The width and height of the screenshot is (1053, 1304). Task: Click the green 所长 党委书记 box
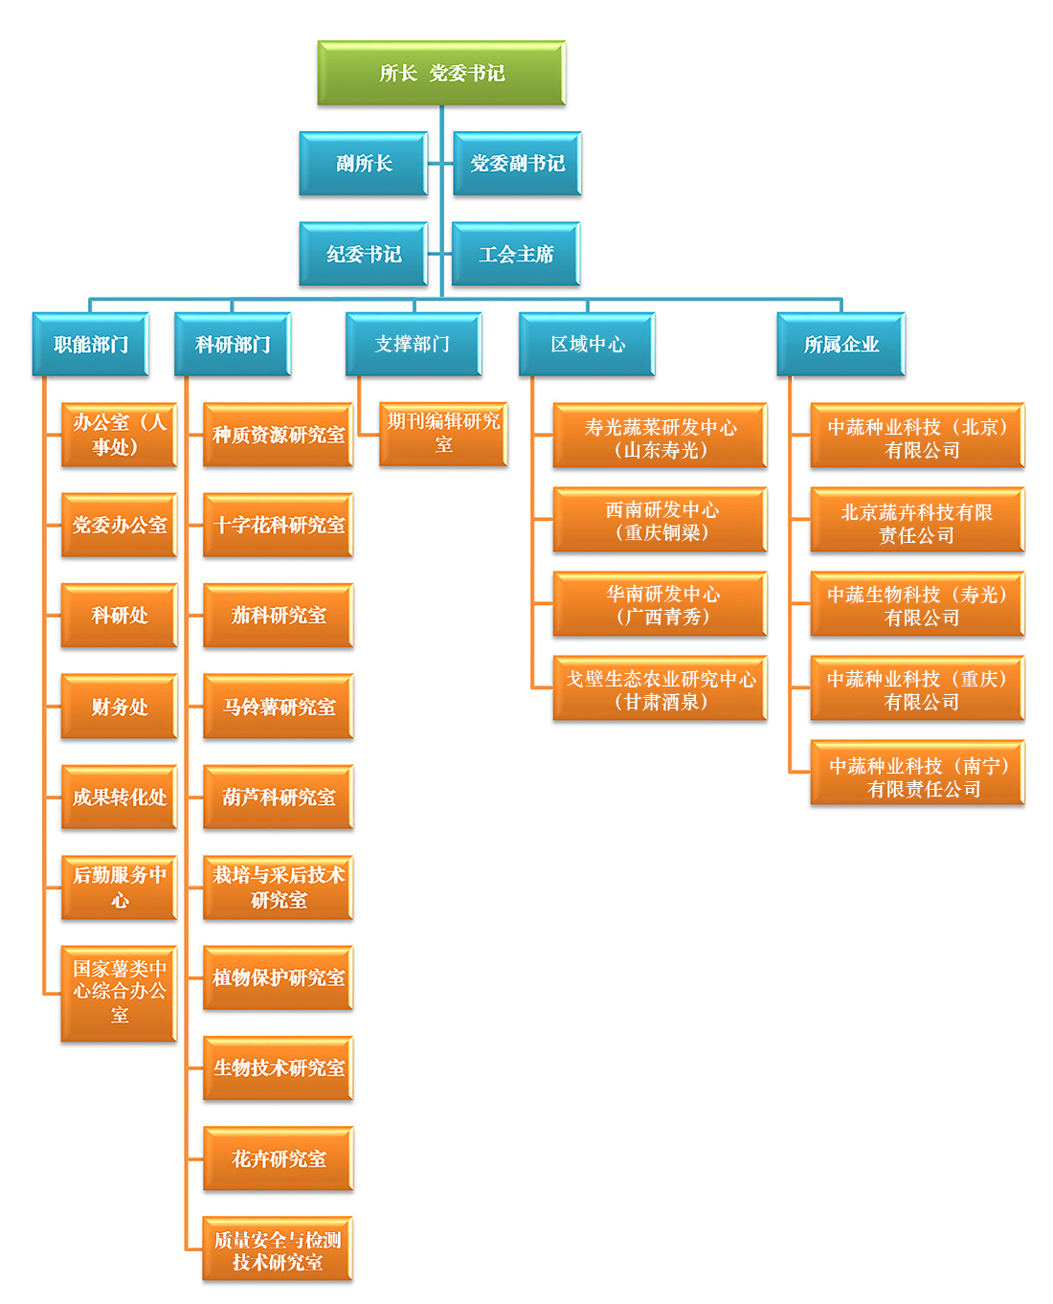point(441,73)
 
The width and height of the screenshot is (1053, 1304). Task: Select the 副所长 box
point(364,164)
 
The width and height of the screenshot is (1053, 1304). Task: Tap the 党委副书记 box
point(517,164)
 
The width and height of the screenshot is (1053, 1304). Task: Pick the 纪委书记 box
point(364,254)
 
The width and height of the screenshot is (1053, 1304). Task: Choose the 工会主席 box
point(516,254)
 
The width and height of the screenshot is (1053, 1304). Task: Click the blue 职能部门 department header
point(91,344)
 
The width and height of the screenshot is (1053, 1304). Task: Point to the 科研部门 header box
point(233,344)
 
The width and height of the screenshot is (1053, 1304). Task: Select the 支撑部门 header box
point(413,344)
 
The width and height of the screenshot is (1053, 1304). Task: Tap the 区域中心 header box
point(587,344)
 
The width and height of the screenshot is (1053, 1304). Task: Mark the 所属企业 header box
point(840,344)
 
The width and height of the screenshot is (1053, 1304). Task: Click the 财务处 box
point(120,707)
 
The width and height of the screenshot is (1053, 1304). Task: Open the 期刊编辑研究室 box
point(443,434)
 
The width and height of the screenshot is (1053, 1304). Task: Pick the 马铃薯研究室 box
point(279,707)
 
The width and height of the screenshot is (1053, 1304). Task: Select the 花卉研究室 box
point(279,1158)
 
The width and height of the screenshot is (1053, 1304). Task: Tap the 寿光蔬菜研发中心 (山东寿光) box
point(661,437)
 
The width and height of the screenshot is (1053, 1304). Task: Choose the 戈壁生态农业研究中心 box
point(661,688)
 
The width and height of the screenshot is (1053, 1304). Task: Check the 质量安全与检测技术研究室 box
point(278,1249)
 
